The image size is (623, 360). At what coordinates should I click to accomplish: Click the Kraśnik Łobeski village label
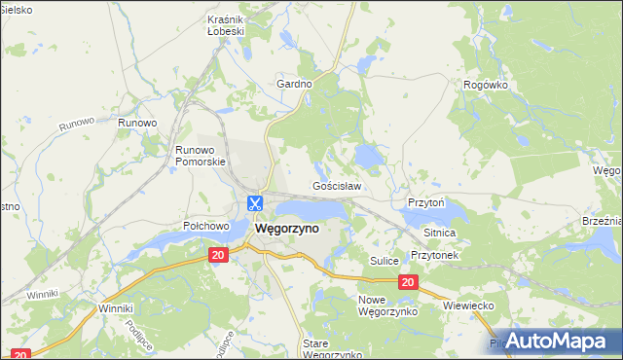225,24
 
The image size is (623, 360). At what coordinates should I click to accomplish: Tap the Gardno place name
294,84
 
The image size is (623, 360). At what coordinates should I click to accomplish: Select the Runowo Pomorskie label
200,156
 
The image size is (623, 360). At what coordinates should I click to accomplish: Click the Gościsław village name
337,185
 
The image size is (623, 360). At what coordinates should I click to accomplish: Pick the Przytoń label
425,203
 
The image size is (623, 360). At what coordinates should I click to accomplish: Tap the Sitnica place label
440,234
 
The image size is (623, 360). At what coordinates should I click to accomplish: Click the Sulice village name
386,261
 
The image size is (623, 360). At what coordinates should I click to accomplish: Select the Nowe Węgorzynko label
387,306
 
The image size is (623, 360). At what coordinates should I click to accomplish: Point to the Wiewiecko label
470,306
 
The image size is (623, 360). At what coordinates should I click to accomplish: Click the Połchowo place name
205,226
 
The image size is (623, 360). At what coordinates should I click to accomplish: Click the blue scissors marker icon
255,204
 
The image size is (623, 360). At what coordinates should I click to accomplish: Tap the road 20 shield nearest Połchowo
218,254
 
